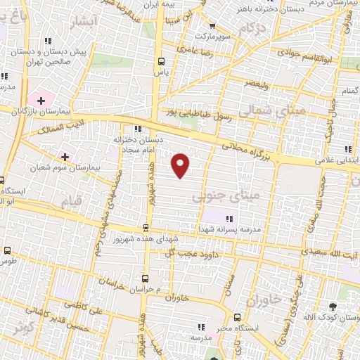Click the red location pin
click(x=181, y=165)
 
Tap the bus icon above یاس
click(x=162, y=60)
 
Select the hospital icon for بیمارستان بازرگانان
click(x=41, y=101)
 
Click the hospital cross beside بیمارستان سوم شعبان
click(x=65, y=157)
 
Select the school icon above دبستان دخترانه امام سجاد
click(x=138, y=128)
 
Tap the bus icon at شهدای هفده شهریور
click(x=146, y=227)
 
